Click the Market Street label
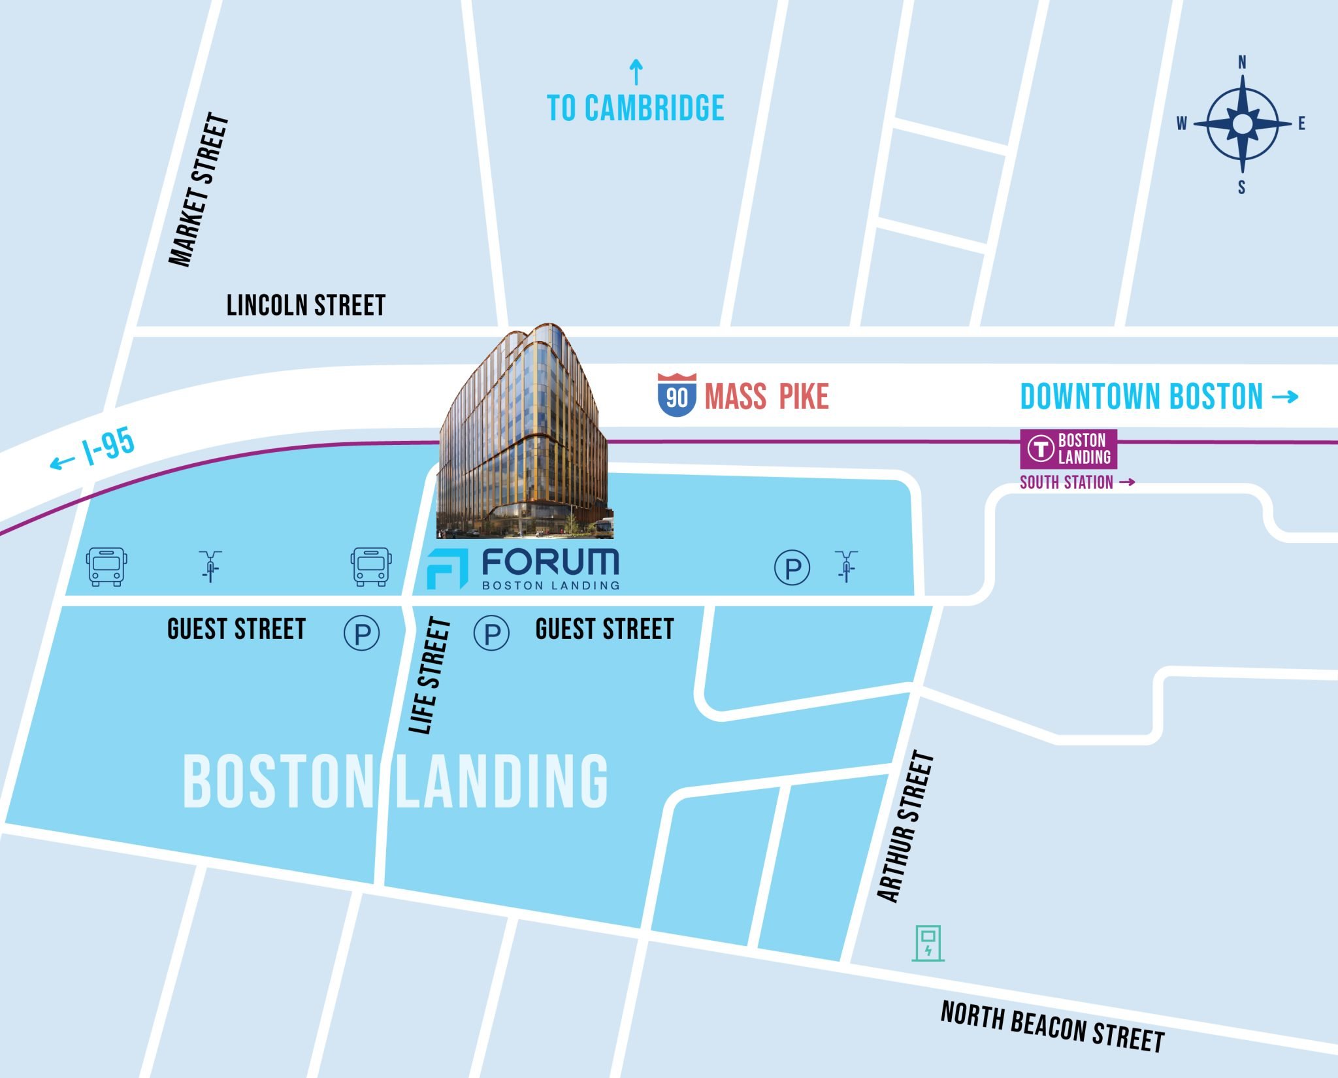(x=199, y=189)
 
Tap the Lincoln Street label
(x=306, y=306)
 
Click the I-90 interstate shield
(x=676, y=395)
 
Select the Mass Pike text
(x=766, y=397)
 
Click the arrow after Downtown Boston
(x=1284, y=396)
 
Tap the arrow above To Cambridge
(x=636, y=72)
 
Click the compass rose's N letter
(x=1242, y=63)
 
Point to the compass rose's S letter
(x=1241, y=188)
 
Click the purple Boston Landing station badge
(x=1068, y=449)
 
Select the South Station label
(x=1066, y=482)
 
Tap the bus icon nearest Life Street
(x=371, y=566)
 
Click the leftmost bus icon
(x=106, y=566)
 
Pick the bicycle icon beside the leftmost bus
(x=210, y=566)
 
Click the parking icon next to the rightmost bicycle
(x=792, y=567)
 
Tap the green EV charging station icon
(x=928, y=943)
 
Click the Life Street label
(x=430, y=676)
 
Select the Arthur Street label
(x=906, y=827)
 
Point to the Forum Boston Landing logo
(x=523, y=568)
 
